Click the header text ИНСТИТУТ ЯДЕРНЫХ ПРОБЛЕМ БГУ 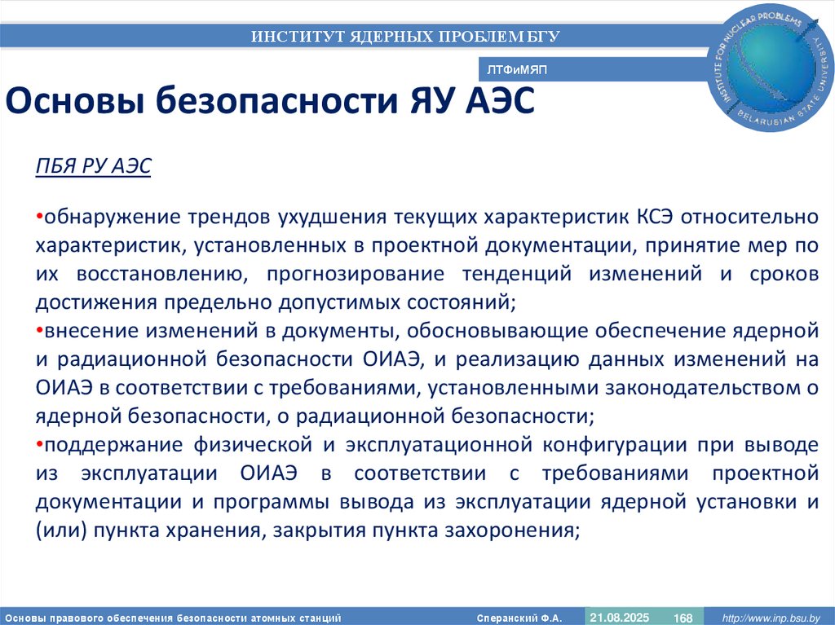tap(405, 36)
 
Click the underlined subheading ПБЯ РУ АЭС tap(93, 168)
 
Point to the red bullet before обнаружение tap(39, 218)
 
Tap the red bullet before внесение tap(39, 332)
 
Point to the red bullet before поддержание tap(39, 445)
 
